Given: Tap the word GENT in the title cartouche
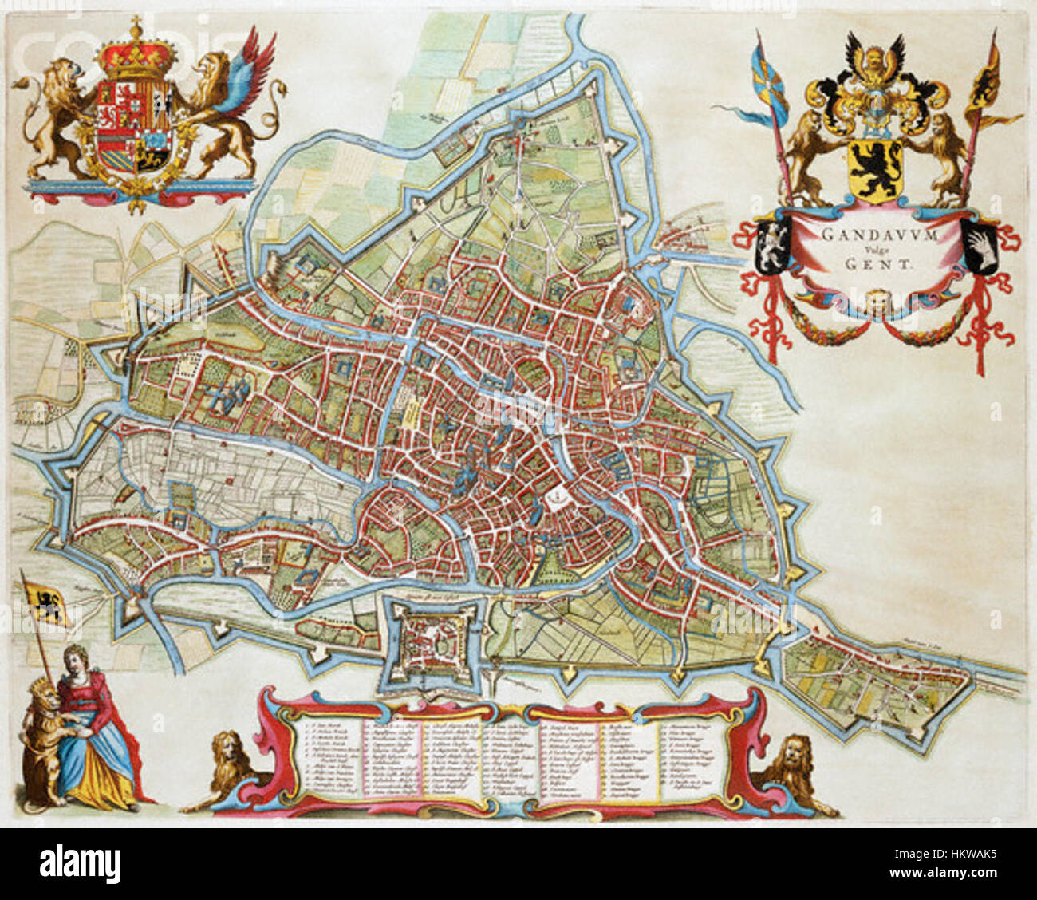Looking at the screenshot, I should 876,266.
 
